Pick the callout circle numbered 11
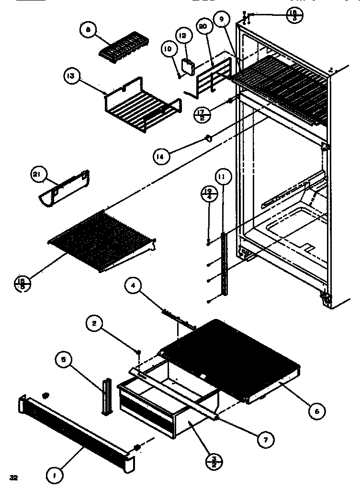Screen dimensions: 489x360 (x=223, y=177)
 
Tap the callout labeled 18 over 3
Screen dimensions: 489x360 (x=293, y=15)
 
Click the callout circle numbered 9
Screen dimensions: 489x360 (x=222, y=21)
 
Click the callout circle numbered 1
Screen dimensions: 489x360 (x=54, y=476)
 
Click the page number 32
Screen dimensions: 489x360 (x=13, y=478)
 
